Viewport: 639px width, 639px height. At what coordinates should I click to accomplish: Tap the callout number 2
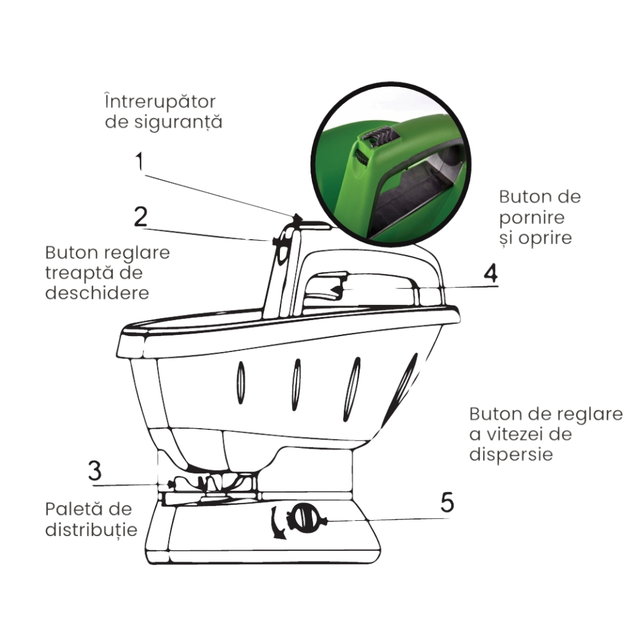(x=141, y=218)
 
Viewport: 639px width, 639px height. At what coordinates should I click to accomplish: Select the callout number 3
(x=95, y=472)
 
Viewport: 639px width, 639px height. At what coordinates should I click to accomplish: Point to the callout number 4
(x=490, y=273)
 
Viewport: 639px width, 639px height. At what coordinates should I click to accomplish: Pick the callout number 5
(x=447, y=502)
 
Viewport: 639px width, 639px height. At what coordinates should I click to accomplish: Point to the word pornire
(x=532, y=217)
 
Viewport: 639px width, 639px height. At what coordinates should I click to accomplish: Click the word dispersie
(x=511, y=455)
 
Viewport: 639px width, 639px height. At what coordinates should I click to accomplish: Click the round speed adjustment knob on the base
(x=304, y=518)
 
